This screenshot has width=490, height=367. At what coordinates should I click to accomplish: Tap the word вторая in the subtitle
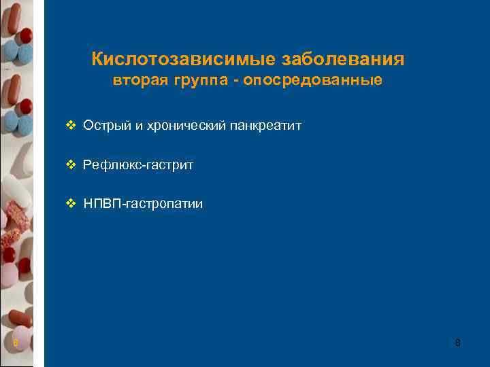click(x=140, y=82)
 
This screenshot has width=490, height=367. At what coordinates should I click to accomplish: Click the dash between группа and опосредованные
click(x=234, y=82)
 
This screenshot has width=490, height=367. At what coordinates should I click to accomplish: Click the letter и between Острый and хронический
click(x=131, y=126)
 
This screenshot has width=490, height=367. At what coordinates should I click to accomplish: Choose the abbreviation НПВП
click(x=101, y=204)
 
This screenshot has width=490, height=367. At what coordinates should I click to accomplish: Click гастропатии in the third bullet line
click(x=164, y=204)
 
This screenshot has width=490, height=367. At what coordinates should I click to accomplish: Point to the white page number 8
click(x=457, y=343)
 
